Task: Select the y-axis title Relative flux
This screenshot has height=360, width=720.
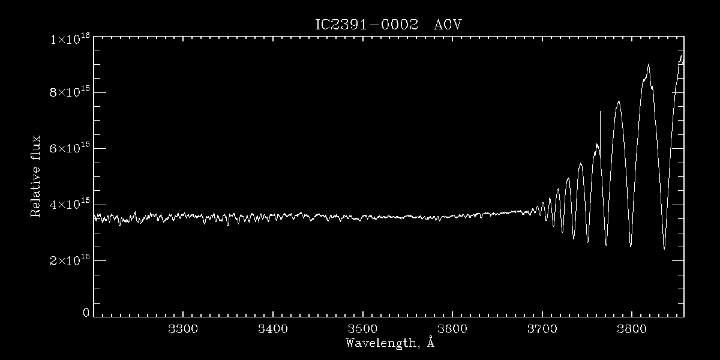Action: click(x=36, y=176)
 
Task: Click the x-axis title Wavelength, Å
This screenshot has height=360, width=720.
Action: click(x=390, y=343)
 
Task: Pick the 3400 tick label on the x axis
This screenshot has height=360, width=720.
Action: click(x=273, y=329)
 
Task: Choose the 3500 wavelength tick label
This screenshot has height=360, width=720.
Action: click(x=363, y=329)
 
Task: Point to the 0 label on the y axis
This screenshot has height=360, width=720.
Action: click(x=86, y=313)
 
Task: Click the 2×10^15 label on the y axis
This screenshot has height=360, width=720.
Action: click(x=70, y=260)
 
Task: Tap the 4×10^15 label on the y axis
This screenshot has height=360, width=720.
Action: click(x=70, y=204)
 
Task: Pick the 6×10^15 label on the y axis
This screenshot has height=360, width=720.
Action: click(x=70, y=148)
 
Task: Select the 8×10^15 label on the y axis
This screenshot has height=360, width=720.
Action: click(x=70, y=92)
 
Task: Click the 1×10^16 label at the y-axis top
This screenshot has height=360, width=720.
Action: click(x=70, y=39)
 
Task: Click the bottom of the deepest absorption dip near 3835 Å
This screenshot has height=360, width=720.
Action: click(x=664, y=248)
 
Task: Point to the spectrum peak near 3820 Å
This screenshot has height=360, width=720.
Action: click(x=649, y=65)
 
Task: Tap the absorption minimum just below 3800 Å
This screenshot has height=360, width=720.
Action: click(x=631, y=246)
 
